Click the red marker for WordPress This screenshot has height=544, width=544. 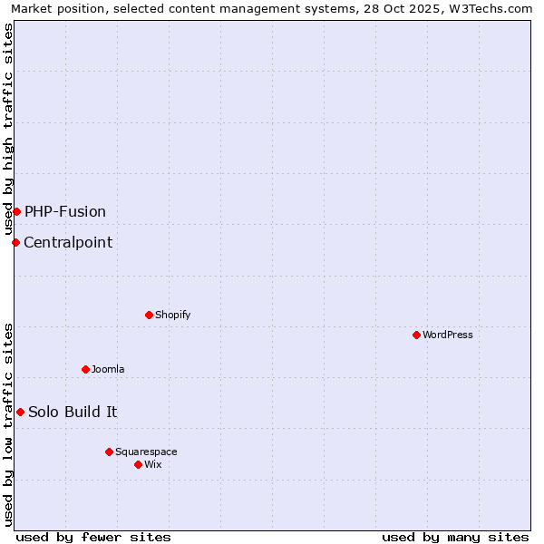coord(416,335)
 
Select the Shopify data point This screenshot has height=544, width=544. coord(149,315)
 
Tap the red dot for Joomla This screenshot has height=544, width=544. coord(85,369)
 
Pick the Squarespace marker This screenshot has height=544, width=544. coord(109,452)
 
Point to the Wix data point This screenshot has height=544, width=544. coord(138,464)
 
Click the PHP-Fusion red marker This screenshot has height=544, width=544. coord(16,211)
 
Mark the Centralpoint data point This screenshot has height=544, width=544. coord(15,242)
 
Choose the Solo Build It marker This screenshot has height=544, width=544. coord(20,412)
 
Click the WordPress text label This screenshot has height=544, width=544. coord(448,335)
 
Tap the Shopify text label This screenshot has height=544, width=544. coord(172,315)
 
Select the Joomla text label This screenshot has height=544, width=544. coord(108,369)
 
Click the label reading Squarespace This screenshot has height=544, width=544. coord(146,452)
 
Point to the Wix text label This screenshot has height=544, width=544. coord(153,464)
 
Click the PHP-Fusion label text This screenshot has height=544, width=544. coord(65,211)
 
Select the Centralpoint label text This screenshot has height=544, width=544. coord(68,242)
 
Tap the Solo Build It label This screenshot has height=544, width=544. coord(73,412)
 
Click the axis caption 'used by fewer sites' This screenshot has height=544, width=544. coord(93,537)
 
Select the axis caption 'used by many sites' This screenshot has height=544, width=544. coord(455,537)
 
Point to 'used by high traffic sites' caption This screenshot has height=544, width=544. coord(8,129)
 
